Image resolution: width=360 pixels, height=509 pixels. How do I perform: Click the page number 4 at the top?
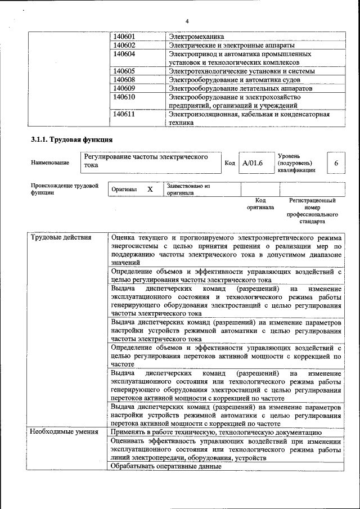187,21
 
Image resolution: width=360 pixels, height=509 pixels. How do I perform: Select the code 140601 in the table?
124,37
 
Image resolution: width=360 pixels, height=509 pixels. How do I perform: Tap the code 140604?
124,54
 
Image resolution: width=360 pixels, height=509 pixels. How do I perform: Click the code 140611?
124,114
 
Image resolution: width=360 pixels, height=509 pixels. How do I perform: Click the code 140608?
124,80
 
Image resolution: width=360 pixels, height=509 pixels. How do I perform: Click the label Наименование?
51,163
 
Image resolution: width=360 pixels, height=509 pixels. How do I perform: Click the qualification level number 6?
336,163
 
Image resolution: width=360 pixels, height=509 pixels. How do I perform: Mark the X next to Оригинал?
150,190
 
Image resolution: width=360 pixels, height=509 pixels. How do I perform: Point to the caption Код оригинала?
260,204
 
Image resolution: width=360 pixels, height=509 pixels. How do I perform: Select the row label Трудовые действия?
60,237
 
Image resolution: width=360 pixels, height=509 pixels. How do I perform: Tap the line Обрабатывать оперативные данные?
166,466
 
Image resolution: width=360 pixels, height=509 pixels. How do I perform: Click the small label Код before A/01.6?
229,163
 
